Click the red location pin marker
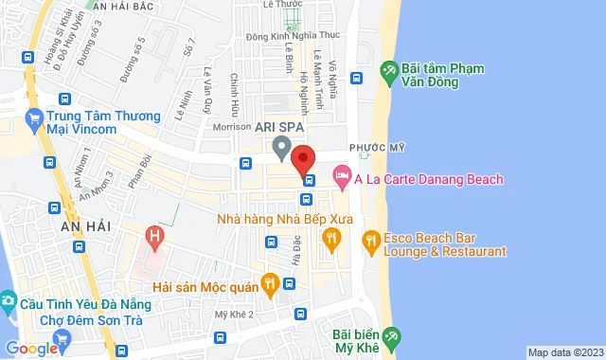click(x=303, y=158)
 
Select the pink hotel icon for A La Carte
click(x=341, y=177)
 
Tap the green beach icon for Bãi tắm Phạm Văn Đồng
click(x=388, y=71)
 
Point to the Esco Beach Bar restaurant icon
click(x=370, y=243)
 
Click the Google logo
click(x=31, y=349)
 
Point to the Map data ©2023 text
click(x=565, y=352)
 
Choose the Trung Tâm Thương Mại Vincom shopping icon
click(x=34, y=119)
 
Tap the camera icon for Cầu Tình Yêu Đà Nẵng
click(x=9, y=302)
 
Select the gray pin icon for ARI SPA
click(x=280, y=148)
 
